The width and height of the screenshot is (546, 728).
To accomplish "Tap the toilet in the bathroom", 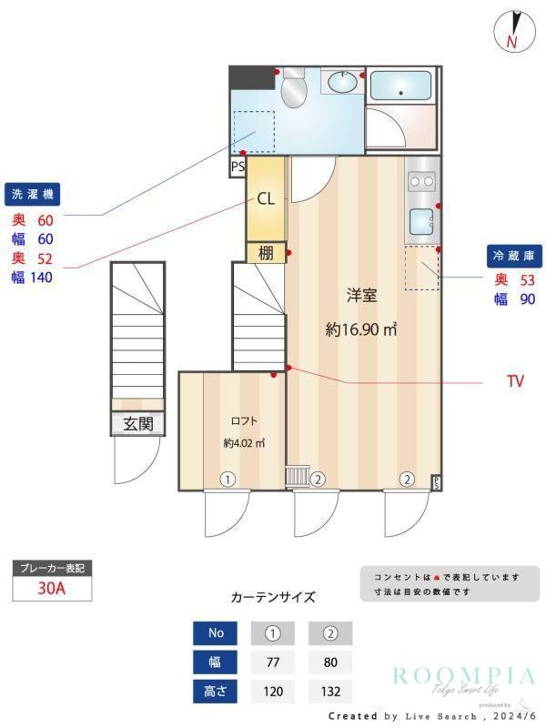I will pyautogui.click(x=294, y=90).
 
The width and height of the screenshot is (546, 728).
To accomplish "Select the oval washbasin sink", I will pyautogui.click(x=343, y=83).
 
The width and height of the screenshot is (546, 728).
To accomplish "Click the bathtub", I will pyautogui.click(x=402, y=86).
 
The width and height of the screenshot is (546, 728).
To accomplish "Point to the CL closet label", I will pyautogui.click(x=266, y=199).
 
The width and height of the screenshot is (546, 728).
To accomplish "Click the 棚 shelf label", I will pyautogui.click(x=266, y=254).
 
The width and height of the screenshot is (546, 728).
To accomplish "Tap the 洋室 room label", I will pyautogui.click(x=361, y=295).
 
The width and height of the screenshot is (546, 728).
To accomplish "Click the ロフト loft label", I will pyautogui.click(x=243, y=420).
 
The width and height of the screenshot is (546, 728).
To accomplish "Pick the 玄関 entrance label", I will pyautogui.click(x=138, y=424).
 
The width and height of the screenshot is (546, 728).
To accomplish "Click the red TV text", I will pyautogui.click(x=515, y=382).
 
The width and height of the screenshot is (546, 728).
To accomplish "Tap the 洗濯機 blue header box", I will pyautogui.click(x=34, y=195).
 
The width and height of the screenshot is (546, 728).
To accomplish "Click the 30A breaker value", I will pyautogui.click(x=52, y=589).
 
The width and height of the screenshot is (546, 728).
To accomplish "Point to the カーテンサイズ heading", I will pyautogui.click(x=273, y=598).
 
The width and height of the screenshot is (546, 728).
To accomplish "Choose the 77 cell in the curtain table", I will pyautogui.click(x=273, y=662).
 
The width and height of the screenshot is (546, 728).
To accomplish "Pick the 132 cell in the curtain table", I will pyautogui.click(x=329, y=692).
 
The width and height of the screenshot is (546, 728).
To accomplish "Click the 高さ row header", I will pyautogui.click(x=216, y=692).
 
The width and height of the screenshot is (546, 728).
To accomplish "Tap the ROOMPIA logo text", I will pyautogui.click(x=464, y=675).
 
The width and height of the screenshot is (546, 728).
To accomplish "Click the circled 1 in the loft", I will pyautogui.click(x=227, y=479).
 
